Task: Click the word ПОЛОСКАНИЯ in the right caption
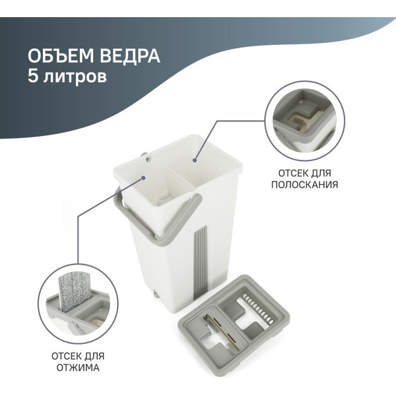(304, 185)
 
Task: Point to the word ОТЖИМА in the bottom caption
(78, 368)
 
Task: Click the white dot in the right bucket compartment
(195, 158)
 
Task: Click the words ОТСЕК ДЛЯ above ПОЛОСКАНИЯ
(304, 173)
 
